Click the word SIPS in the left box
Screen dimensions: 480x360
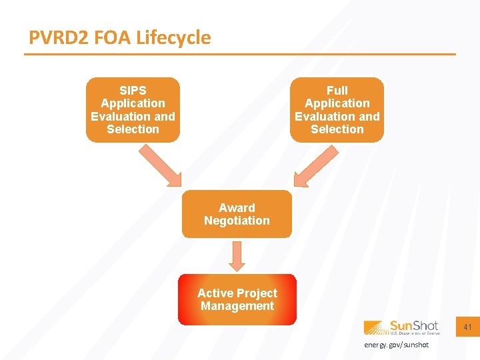(133, 90)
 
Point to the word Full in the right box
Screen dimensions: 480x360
(337, 90)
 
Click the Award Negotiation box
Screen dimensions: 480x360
(237, 214)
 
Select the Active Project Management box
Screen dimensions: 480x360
(237, 299)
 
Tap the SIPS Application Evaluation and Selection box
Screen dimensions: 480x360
(133, 110)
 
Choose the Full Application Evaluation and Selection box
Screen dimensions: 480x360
(337, 110)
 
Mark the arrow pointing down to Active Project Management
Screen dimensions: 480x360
(237, 255)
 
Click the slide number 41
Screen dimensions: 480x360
(467, 327)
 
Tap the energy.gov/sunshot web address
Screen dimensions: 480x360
(396, 345)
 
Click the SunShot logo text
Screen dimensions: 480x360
(415, 326)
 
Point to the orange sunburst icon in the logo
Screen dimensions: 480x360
(375, 327)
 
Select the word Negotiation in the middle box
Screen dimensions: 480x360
(237, 221)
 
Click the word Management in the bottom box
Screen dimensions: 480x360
(237, 306)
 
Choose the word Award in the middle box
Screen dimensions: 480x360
(237, 207)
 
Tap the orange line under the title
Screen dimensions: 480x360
(240, 54)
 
